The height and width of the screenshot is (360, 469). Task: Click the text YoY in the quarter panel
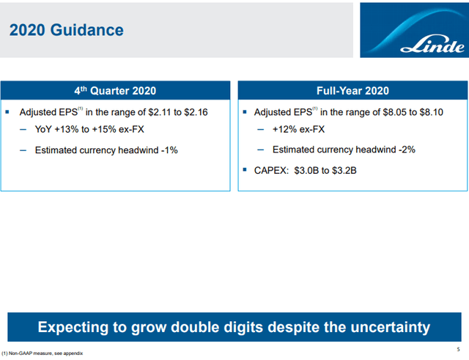click(x=44, y=131)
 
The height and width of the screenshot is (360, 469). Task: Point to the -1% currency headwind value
click(x=168, y=150)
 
